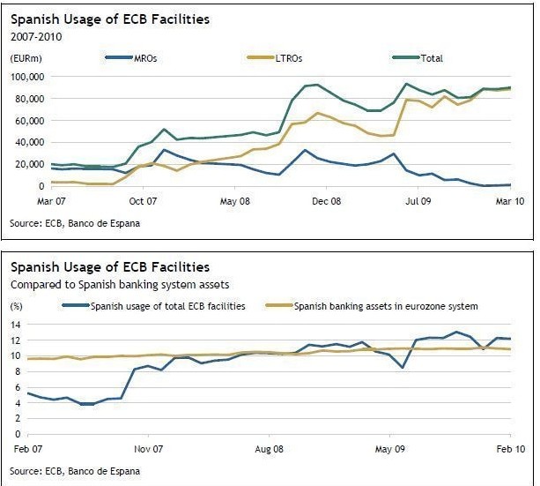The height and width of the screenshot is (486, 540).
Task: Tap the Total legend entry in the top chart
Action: (x=431, y=59)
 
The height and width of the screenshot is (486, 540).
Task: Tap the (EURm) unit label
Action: (x=26, y=58)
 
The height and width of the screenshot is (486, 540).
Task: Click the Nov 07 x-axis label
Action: (x=149, y=448)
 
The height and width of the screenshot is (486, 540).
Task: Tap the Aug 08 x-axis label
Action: (x=269, y=448)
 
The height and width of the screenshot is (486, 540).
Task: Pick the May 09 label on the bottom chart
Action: (x=389, y=448)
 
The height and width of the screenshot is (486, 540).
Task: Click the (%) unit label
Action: (x=16, y=306)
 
